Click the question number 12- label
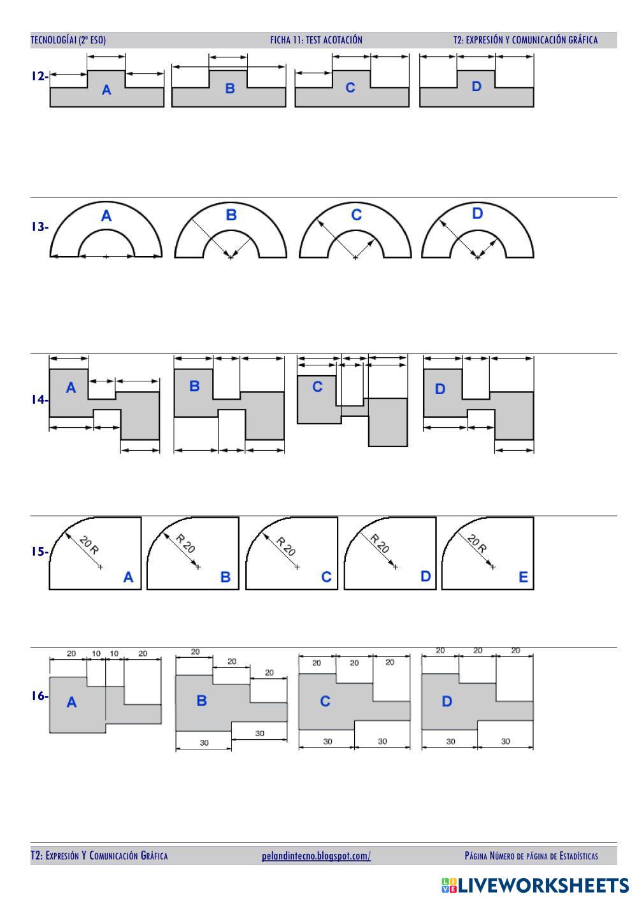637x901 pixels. click(x=40, y=76)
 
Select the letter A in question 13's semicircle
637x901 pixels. click(x=106, y=216)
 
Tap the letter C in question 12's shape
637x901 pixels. click(x=350, y=88)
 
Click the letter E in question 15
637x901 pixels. click(x=523, y=577)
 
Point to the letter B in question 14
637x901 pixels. click(x=194, y=386)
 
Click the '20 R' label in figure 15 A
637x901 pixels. click(x=89, y=545)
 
